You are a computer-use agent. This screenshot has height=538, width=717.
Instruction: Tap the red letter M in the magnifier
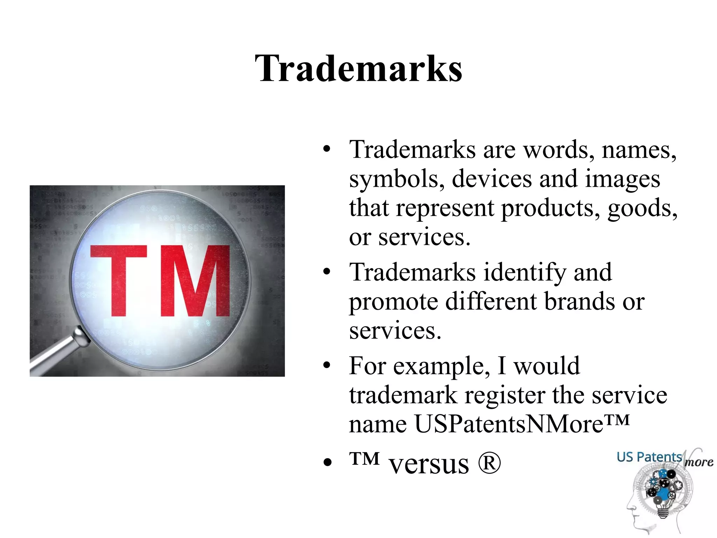pyautogui.click(x=195, y=280)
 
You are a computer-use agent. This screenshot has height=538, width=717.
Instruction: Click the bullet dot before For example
pyautogui.click(x=327, y=366)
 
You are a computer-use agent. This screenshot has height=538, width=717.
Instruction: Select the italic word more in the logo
pyautogui.click(x=699, y=462)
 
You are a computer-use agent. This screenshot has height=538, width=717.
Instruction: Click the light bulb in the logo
pyautogui.click(x=661, y=509)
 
